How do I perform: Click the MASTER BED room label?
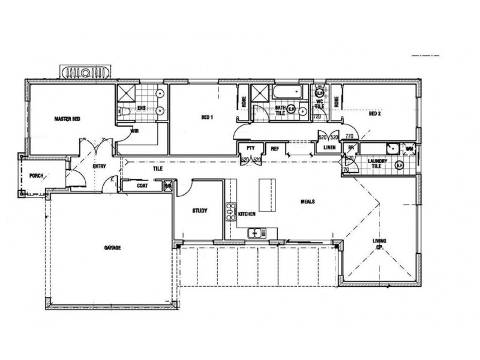[x=67, y=119]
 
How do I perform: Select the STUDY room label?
[x=199, y=211]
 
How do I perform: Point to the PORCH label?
[x=37, y=176]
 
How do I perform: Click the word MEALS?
[x=308, y=202]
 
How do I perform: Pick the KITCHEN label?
[x=247, y=214]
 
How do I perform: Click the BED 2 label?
[x=375, y=113]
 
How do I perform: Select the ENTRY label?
[x=100, y=167]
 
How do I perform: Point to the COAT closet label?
[x=142, y=186]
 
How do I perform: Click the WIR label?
[x=135, y=130]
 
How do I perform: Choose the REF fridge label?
[x=275, y=148]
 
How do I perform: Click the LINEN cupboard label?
[x=329, y=148]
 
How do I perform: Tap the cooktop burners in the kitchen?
[x=229, y=212]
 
